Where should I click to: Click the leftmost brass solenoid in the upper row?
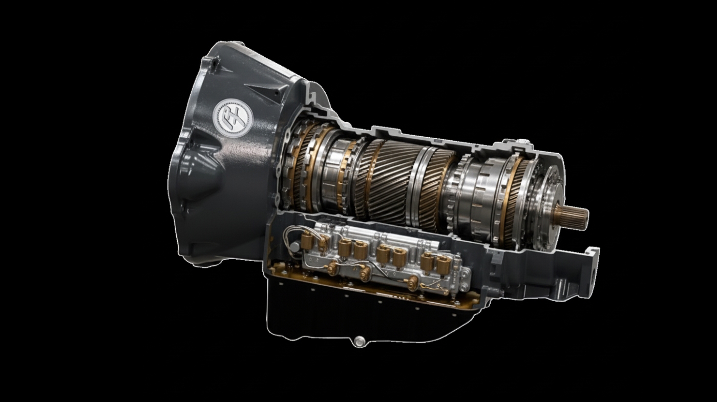(309, 239)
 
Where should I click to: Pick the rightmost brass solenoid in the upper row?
(442, 264)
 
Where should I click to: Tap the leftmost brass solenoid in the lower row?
(332, 268)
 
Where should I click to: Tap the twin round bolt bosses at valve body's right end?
(463, 273)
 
